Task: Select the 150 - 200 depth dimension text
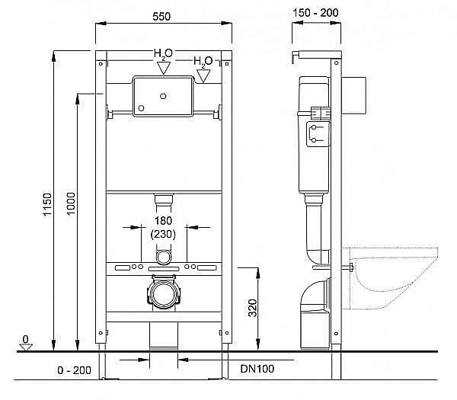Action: point(315,13)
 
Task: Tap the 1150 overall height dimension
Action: point(43,201)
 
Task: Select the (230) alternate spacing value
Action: point(165,235)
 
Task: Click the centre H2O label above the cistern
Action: point(163,54)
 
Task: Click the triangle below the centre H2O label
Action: point(163,69)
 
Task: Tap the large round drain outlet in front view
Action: point(163,293)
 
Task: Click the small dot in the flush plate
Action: point(164,97)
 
